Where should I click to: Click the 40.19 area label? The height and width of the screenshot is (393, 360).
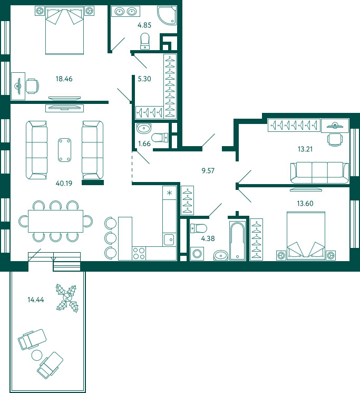(64, 183)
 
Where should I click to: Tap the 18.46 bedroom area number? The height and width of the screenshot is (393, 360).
(64, 79)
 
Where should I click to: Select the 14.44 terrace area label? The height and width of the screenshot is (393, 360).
(36, 300)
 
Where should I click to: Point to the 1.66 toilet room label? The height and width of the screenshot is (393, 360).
(144, 143)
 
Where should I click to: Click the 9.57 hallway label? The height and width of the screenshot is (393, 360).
(208, 171)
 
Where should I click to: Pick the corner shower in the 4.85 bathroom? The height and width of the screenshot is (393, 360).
(167, 15)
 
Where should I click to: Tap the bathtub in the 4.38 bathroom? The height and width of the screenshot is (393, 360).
(237, 241)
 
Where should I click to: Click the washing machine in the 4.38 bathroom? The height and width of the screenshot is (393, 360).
(197, 254)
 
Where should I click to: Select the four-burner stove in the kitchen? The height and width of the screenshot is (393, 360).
(139, 253)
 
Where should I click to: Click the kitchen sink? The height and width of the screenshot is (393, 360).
(170, 239)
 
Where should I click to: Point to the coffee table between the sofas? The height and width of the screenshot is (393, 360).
(64, 150)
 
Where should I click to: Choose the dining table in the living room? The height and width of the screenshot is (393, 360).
(55, 222)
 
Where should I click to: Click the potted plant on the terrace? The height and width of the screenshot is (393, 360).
(67, 298)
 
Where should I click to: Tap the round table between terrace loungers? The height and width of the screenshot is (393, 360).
(37, 355)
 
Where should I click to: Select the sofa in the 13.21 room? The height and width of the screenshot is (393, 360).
(319, 172)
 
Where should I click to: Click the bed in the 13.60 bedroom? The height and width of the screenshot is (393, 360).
(306, 236)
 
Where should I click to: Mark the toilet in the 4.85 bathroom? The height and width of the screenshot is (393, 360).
(145, 41)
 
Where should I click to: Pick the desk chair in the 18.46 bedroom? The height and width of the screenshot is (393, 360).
(33, 86)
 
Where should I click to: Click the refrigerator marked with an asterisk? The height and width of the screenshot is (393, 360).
(170, 193)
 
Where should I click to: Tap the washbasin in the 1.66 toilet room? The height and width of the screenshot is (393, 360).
(144, 129)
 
